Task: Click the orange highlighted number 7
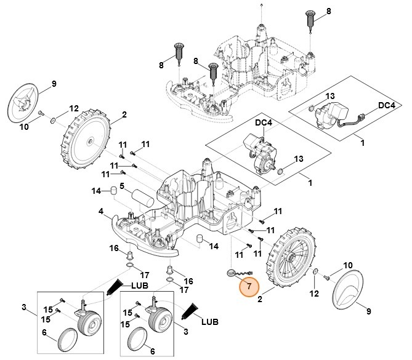coord(249,286)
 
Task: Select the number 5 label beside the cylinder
coord(122,186)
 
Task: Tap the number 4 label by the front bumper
coord(100,212)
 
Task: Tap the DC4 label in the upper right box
coord(386,106)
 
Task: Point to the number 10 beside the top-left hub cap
coord(25,127)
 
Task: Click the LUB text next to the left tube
coord(140,286)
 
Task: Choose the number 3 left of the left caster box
coord(24,308)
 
